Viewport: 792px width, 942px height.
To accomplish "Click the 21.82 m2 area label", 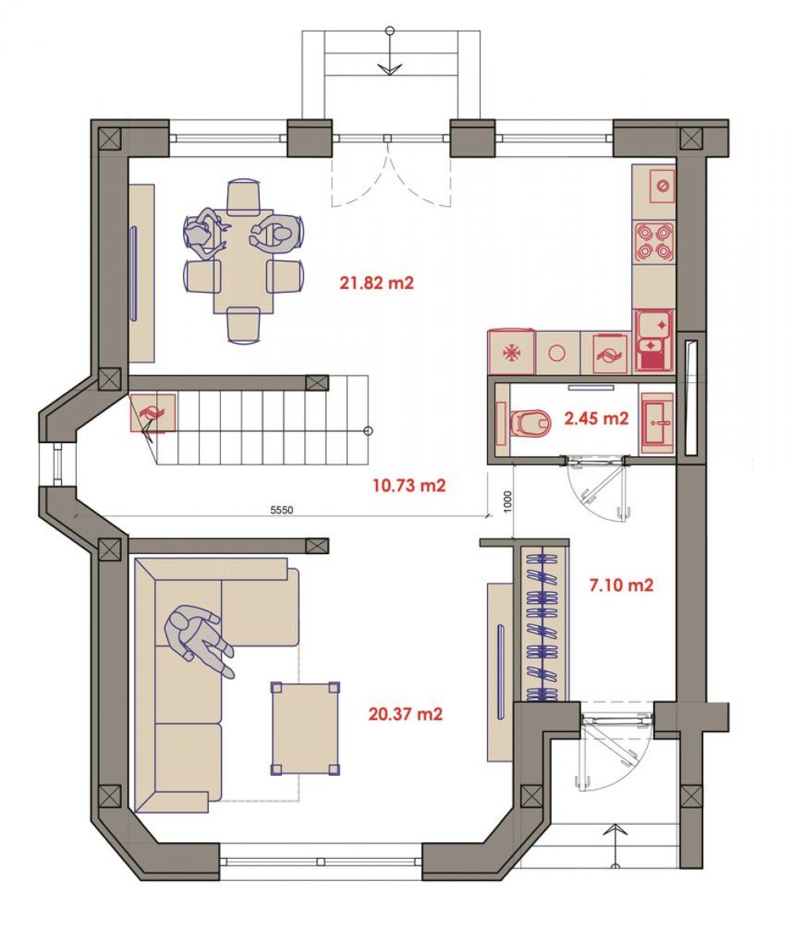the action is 376,283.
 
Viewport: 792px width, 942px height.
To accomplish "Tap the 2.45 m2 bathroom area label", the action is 596,417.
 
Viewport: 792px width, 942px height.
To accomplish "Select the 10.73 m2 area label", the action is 409,484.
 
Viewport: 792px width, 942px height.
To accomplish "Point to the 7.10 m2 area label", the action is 621,584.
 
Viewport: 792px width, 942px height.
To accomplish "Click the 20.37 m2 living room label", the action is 406,714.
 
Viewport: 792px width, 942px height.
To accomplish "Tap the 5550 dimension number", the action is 281,510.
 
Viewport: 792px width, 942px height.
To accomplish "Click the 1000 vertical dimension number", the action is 507,500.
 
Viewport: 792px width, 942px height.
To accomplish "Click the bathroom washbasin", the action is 657,423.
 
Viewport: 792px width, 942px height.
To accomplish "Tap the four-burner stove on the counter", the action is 653,241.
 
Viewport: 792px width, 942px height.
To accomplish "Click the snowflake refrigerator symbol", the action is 512,352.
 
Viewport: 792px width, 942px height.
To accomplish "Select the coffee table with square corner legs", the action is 305,728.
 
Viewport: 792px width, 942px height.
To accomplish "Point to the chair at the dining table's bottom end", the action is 243,325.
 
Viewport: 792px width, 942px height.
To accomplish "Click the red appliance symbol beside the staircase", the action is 153,412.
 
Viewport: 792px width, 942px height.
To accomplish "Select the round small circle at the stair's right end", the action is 368,431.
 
